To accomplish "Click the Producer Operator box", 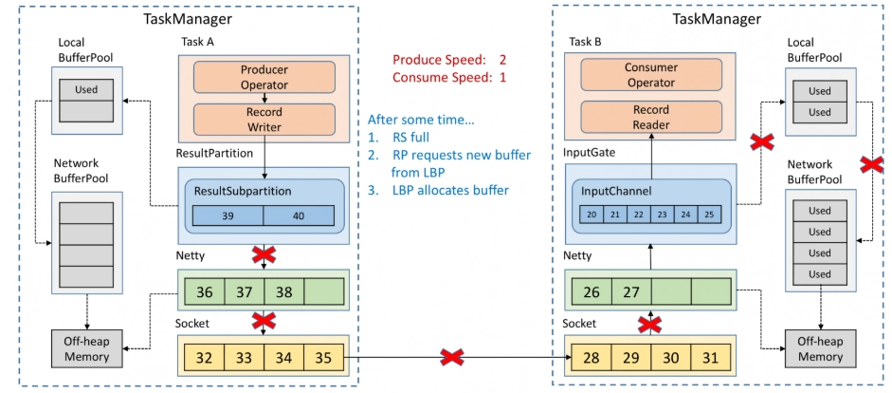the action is (264, 77).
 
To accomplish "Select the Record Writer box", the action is (264, 119).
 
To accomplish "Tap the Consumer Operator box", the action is (651, 75).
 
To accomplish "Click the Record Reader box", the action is (651, 117).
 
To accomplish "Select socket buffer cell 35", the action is (323, 358).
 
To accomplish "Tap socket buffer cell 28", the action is (592, 358).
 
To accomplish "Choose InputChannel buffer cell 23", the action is (663, 215).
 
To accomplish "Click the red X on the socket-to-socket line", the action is (453, 358).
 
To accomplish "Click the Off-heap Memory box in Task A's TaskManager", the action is (86, 349).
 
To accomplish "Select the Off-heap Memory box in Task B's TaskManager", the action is (820, 348).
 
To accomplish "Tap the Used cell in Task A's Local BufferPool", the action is (86, 89).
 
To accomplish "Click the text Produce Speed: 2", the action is (449, 60).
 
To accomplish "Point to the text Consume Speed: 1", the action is (449, 77).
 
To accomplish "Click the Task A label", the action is (197, 42).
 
